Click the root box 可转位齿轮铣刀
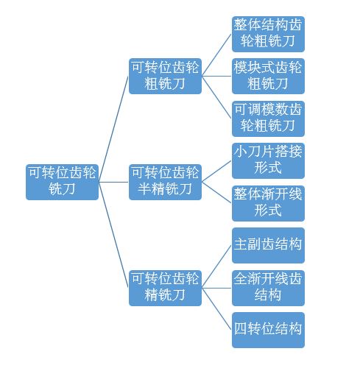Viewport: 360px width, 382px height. [62, 182]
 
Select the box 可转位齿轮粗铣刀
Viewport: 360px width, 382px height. [165, 76]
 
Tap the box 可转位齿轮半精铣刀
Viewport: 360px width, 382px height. [165, 182]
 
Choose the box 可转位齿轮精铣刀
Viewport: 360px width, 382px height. [165, 288]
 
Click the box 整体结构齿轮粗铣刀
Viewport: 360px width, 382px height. [268, 34]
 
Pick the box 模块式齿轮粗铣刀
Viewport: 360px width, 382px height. [268, 76]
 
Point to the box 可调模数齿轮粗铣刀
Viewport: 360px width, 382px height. [268, 119]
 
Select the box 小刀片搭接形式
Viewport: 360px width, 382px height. [268, 160]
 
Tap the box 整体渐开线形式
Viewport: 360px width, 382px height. [268, 203]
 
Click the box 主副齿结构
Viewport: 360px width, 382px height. [268, 246]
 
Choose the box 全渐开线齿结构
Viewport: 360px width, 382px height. [268, 288]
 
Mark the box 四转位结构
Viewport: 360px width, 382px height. [268, 330]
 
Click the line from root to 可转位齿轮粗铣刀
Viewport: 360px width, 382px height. [113, 129]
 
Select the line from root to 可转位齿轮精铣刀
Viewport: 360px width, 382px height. [113, 235]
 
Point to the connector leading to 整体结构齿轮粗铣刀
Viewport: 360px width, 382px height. [216, 55]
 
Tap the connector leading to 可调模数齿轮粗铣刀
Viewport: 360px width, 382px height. [216, 97]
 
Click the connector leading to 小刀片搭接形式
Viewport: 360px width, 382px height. [216, 171]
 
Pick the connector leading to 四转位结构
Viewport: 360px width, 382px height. [216, 309]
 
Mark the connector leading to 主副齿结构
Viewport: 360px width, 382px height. [216, 267]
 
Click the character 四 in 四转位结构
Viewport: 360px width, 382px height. [240, 328]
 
